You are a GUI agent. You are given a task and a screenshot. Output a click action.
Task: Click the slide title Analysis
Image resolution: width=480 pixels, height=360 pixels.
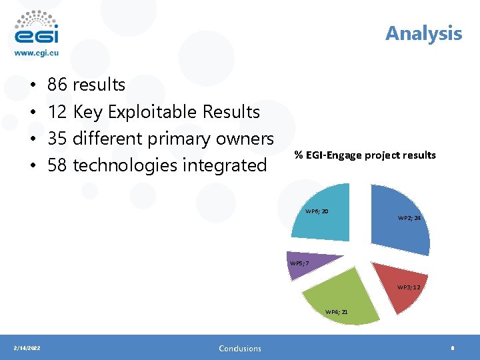point(423,33)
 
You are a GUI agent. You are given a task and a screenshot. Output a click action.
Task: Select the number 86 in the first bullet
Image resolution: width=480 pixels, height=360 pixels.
point(57,85)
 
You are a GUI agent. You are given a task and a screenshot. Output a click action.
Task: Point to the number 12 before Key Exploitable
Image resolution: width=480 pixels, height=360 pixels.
point(57,111)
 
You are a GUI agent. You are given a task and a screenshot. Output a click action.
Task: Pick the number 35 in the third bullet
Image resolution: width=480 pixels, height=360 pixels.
point(57,138)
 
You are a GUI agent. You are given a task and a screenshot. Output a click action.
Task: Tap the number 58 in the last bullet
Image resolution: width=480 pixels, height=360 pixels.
point(57,165)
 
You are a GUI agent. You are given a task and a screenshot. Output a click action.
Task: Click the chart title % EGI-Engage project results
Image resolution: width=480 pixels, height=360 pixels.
point(365,155)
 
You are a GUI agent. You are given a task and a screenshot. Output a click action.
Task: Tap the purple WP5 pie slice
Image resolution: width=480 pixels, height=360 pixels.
point(307,264)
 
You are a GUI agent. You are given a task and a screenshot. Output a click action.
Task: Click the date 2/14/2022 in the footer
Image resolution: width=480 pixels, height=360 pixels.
point(27,348)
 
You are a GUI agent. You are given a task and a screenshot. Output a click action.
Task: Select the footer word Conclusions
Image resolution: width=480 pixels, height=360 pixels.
point(240,348)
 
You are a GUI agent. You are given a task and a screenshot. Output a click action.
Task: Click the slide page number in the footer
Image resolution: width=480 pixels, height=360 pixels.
point(453,348)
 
